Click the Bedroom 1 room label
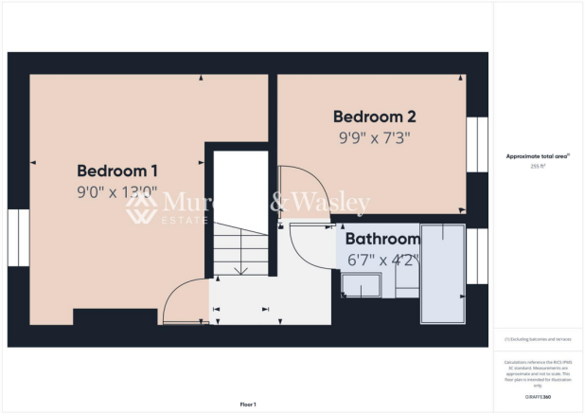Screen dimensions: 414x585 tap(116, 171)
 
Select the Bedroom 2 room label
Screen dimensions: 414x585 tap(375, 117)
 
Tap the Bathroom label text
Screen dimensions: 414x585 tap(381, 239)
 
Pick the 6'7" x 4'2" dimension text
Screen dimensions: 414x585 tap(381, 258)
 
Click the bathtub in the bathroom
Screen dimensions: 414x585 tap(443, 274)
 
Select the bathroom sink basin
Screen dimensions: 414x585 tap(362, 285)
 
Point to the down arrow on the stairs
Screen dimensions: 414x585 tap(240, 269)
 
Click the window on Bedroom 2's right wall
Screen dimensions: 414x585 tap(476, 144)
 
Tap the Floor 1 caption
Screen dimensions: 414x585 tap(248, 405)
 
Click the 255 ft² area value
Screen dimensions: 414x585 tap(539, 165)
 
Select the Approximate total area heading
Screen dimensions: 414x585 tap(538, 155)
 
